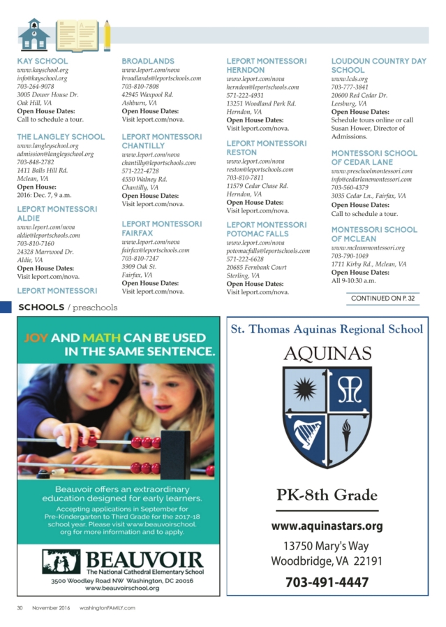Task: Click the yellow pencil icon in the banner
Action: pos(107,34)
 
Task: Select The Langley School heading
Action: pos(61,137)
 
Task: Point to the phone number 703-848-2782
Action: pos(35,161)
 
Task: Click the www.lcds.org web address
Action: pos(349,79)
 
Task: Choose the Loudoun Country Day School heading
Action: pos(378,66)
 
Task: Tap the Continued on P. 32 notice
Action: pos(382,298)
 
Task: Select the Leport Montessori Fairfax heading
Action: pos(161,229)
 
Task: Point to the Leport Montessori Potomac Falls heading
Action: pos(266,229)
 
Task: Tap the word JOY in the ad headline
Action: pos(38,338)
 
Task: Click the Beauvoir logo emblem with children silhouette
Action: pos(61,561)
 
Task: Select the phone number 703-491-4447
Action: pos(327,582)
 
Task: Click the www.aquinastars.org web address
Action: pos(327,526)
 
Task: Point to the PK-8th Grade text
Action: pos(327,496)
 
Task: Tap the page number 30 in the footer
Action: pos(20,607)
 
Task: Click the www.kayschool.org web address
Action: pos(43,71)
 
